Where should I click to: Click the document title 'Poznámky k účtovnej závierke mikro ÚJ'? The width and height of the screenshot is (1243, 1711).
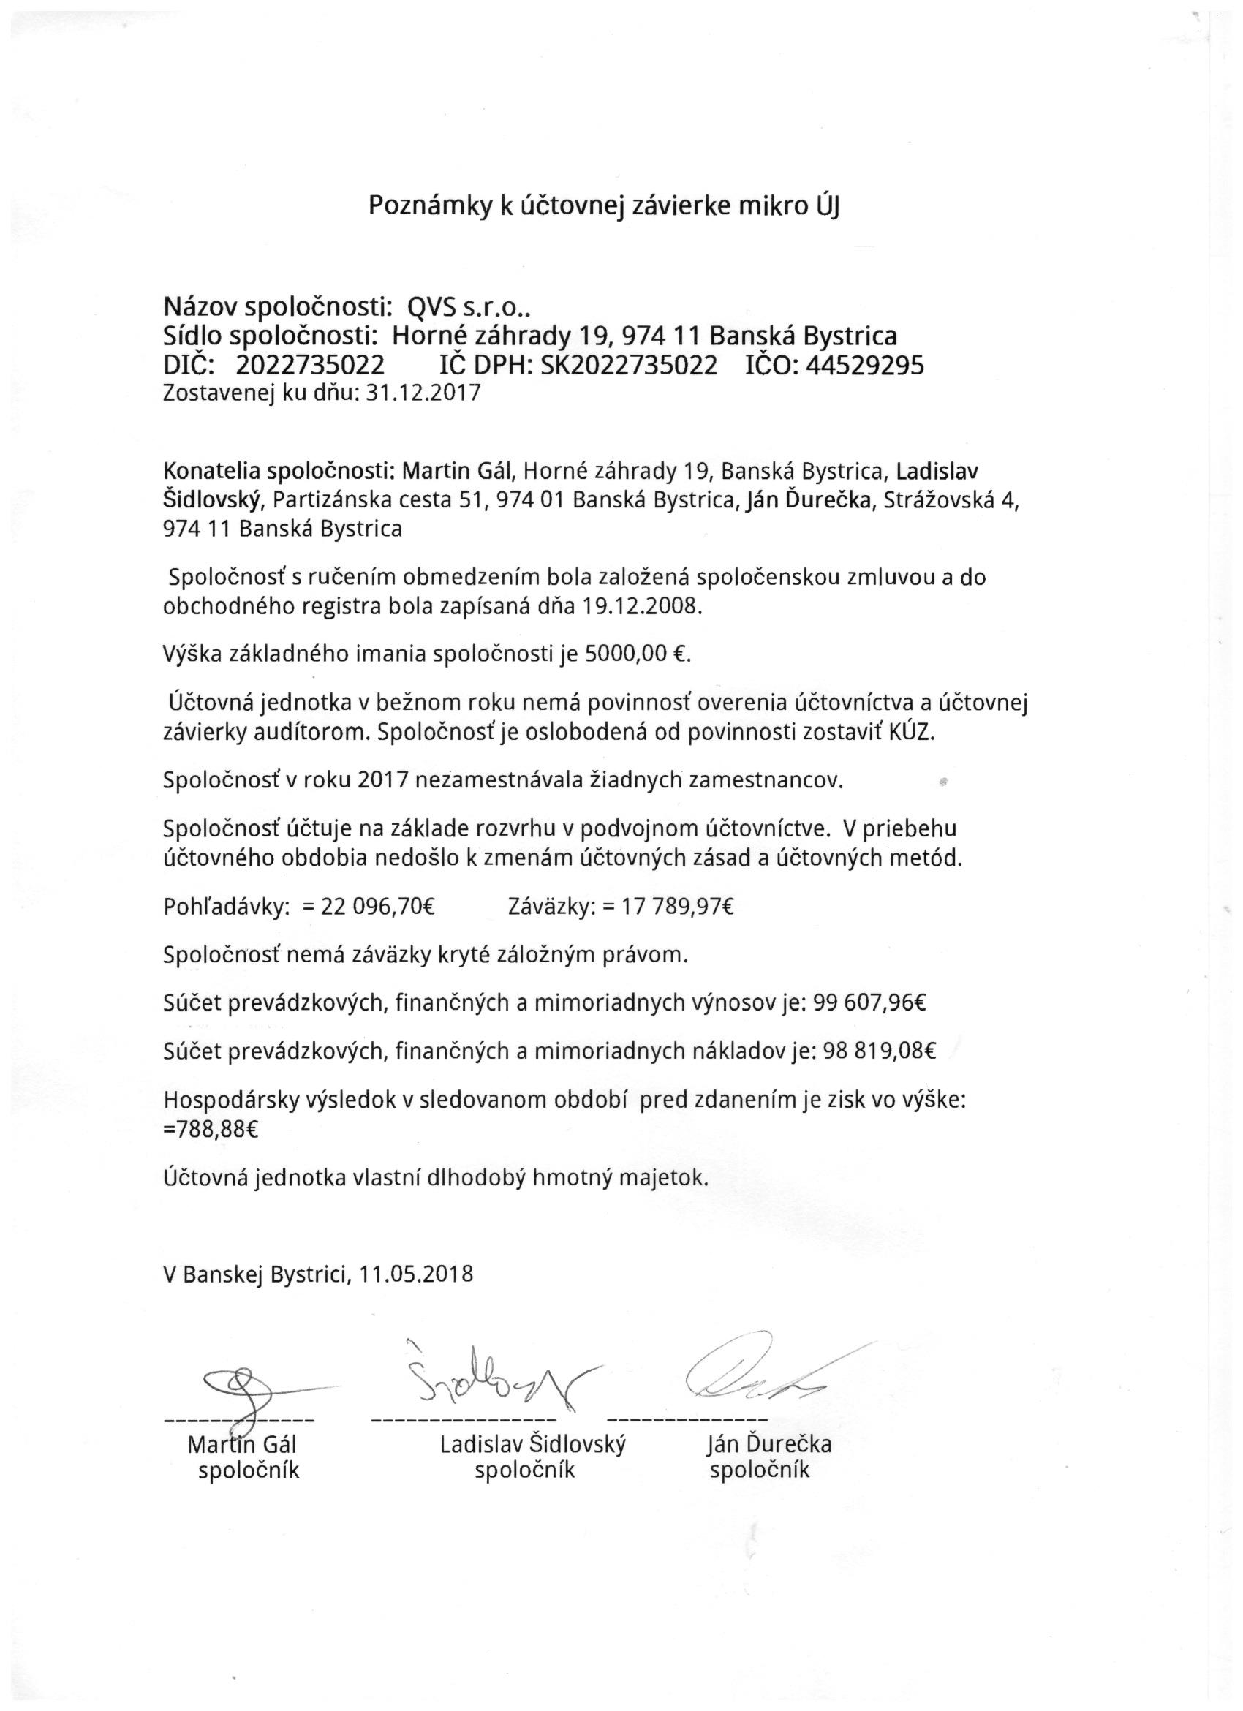pos(603,206)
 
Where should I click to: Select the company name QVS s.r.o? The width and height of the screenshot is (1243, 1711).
pos(469,307)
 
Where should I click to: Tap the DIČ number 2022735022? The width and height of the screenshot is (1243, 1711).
pos(310,366)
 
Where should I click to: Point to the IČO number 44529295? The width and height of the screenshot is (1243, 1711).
pos(865,366)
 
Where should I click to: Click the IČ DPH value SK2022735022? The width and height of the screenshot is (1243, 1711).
pos(629,366)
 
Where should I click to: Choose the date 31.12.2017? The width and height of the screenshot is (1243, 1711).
pos(423,394)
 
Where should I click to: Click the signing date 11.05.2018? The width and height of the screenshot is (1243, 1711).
pos(416,1274)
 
